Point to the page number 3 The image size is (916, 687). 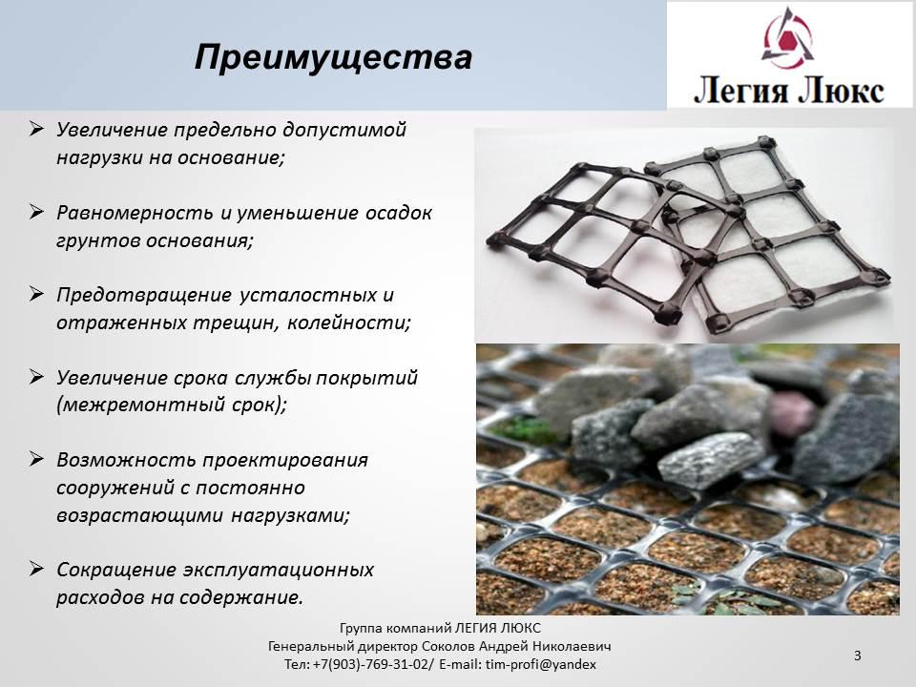click(857, 656)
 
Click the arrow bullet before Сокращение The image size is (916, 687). click(36, 569)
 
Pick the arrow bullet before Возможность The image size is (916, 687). click(36, 459)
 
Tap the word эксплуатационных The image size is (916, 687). click(278, 571)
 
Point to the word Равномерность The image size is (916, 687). click(135, 213)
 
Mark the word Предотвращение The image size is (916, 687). click(144, 296)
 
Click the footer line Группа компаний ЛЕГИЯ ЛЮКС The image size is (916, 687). click(440, 628)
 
